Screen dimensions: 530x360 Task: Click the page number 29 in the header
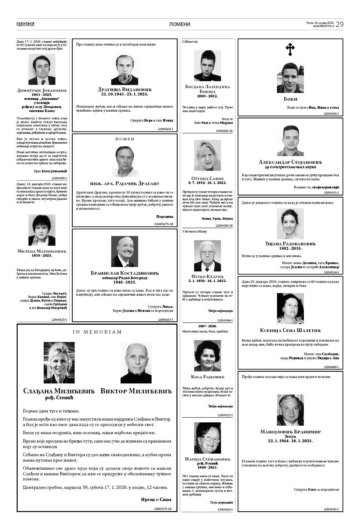pos(339,24)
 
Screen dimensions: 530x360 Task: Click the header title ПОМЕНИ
pos(180,24)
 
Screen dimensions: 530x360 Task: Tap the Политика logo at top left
pos(25,24)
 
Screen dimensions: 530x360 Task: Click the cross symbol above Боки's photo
pos(290,50)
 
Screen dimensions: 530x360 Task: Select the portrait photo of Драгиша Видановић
pos(124,70)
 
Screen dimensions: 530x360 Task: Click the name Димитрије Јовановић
pos(42,90)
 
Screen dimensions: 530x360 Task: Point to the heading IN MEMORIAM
pos(97,332)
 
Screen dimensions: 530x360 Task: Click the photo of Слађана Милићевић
pos(59,363)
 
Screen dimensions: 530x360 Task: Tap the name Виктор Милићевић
pos(136,392)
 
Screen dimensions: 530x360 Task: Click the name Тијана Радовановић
pos(290,244)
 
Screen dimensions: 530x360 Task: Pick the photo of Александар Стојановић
pos(290,141)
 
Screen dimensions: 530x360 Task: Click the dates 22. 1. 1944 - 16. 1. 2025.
pos(290,440)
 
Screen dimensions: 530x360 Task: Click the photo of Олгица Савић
pos(207,156)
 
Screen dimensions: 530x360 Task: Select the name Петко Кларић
pos(207,276)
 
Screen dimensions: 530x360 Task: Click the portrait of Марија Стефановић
pos(207,438)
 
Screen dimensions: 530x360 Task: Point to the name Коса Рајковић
pos(207,377)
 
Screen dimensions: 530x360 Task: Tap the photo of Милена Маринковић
pos(42,230)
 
